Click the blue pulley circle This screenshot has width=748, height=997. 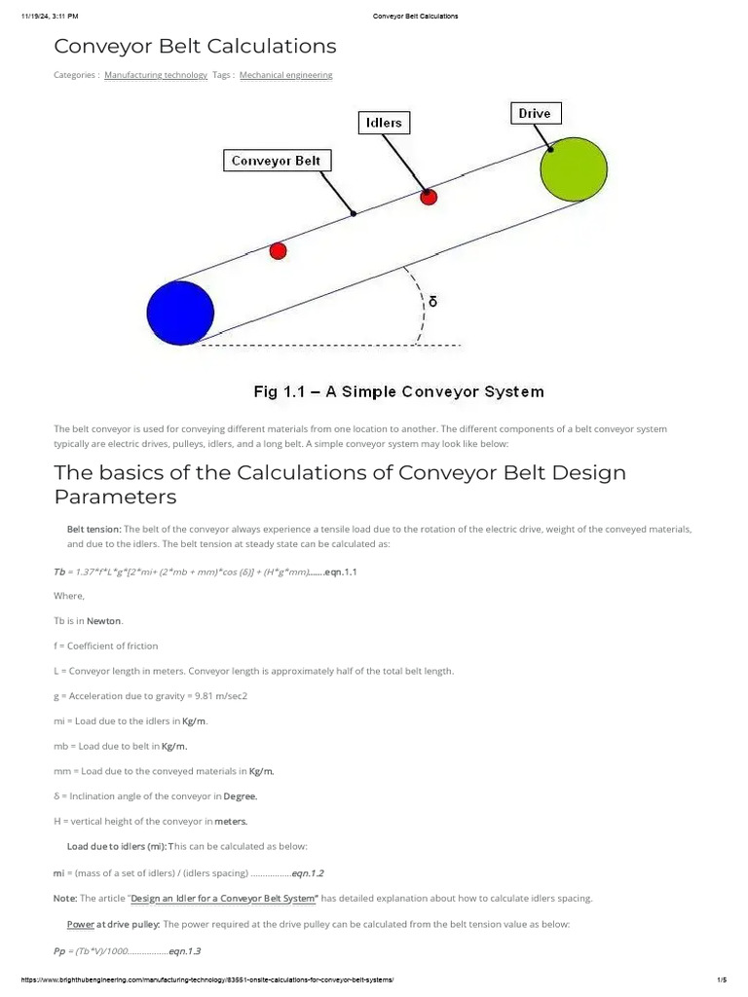(180, 313)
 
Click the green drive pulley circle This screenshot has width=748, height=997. (574, 171)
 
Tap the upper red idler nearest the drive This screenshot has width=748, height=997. (429, 197)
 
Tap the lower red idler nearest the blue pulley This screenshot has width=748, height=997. (278, 251)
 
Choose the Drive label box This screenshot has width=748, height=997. (534, 114)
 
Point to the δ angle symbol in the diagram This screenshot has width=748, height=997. (433, 302)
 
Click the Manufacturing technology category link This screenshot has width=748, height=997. (156, 75)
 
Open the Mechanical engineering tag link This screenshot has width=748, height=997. (285, 75)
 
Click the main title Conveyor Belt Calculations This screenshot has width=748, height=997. (195, 46)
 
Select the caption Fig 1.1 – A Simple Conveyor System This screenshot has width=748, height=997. (398, 392)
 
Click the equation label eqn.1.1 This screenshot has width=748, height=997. (341, 572)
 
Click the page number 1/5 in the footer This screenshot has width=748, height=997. (722, 983)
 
